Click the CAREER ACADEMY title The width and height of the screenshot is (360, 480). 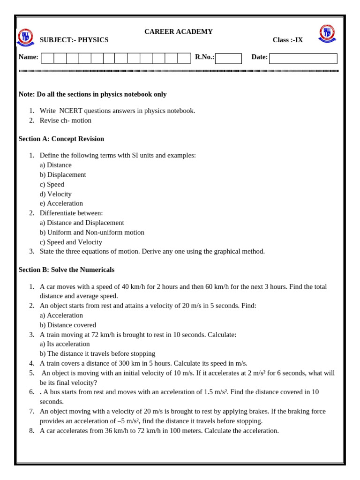pos(178,31)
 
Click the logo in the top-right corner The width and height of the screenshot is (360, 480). pos(327,34)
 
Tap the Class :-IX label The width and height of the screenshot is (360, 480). pos(287,40)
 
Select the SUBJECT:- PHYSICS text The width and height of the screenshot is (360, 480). pos(74,40)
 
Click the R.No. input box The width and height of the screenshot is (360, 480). pos(228,58)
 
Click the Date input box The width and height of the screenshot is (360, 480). pos(303,58)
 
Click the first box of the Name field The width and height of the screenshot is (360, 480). pos(47,58)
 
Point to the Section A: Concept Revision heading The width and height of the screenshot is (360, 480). pos(61,139)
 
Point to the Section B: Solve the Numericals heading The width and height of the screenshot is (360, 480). pos(66,270)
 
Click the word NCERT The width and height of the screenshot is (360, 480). pos(71,111)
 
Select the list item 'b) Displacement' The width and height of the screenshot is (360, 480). pos(63,174)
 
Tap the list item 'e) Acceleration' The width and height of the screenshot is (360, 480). pos(61,203)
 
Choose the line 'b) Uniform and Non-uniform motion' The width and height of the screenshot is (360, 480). pos(92,232)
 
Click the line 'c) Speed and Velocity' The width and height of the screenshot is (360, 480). pos(71,242)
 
